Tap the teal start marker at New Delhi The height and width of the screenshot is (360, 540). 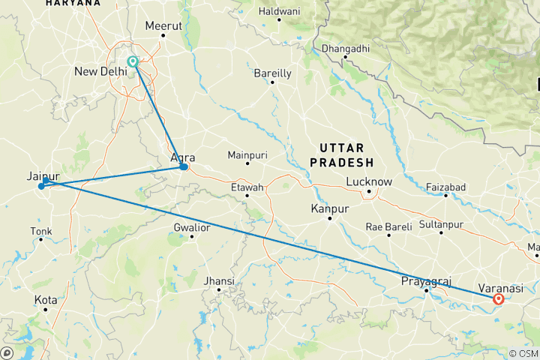[x=133, y=61]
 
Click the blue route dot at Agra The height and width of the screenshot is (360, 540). [x=184, y=166]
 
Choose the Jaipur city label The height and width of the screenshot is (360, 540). [x=43, y=175]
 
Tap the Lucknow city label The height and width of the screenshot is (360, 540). [x=369, y=181]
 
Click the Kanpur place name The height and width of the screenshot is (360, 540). [x=331, y=208]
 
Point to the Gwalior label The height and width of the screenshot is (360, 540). [x=191, y=226]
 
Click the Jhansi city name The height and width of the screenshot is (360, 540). [x=220, y=281]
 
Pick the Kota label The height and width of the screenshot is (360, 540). [x=45, y=300]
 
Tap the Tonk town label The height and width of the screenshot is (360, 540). [x=41, y=230]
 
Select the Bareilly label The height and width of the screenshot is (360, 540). [x=272, y=72]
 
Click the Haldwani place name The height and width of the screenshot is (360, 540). [x=279, y=11]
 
